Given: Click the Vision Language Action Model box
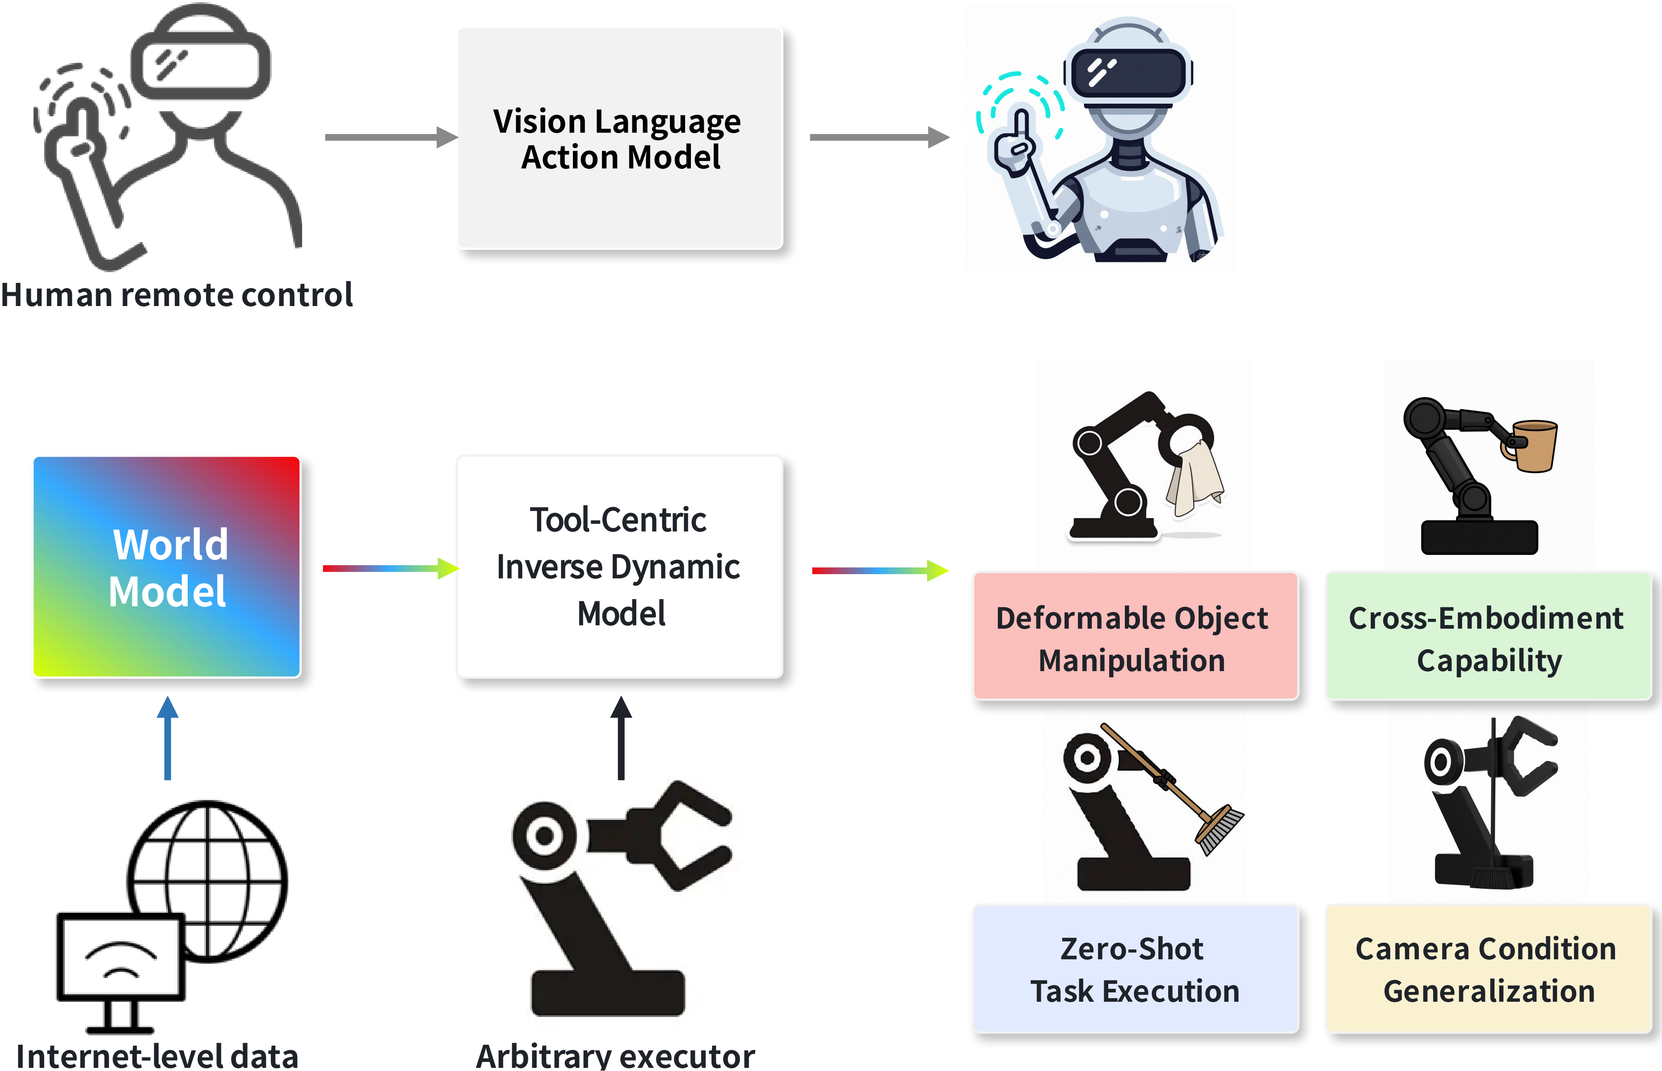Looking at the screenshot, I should point(619,139).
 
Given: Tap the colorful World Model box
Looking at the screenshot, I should point(167,567).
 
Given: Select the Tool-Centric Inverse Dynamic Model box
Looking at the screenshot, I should point(619,567).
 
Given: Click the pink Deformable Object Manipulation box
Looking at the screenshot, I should point(1136,636).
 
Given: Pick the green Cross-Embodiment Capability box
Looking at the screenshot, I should point(1488,636).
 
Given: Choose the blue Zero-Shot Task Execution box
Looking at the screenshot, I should point(1136,969).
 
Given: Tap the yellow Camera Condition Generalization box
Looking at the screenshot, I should point(1488,969).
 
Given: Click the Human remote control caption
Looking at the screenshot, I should point(177,295).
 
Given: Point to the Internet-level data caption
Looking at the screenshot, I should point(157,1056).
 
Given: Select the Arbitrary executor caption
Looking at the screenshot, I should point(615,1056).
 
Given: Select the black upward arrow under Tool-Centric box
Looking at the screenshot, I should point(621,739).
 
